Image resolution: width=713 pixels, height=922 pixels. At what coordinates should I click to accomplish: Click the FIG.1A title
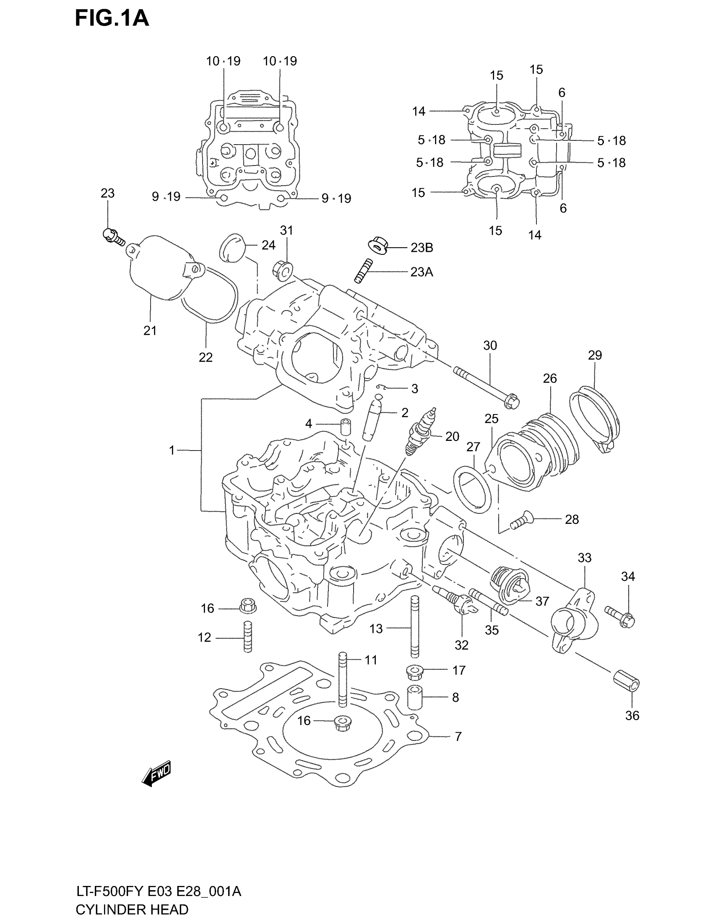click(x=112, y=18)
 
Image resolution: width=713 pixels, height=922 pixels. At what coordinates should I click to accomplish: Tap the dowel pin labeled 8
click(x=415, y=698)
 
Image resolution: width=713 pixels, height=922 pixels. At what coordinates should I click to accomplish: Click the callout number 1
click(x=172, y=451)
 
